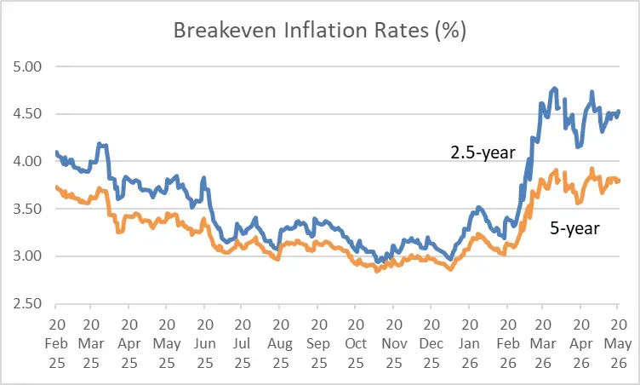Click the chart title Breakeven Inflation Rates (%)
pyautogui.click(x=320, y=31)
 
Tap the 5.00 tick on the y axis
pyautogui.click(x=27, y=66)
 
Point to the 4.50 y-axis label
pyautogui.click(x=27, y=113)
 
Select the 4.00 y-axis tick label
pyautogui.click(x=27, y=161)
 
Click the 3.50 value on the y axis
pyautogui.click(x=27, y=209)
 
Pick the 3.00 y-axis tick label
pyautogui.click(x=27, y=256)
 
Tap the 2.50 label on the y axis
pyautogui.click(x=27, y=304)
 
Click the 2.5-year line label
pyautogui.click(x=483, y=152)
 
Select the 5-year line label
pyautogui.click(x=574, y=228)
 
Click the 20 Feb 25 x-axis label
pyautogui.click(x=56, y=344)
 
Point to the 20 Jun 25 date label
pyautogui.click(x=205, y=344)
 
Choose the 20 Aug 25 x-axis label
pyautogui.click(x=280, y=344)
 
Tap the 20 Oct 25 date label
pyautogui.click(x=356, y=344)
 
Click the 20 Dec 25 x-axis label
pyautogui.click(x=431, y=344)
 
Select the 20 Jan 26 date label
pyautogui.click(x=469, y=344)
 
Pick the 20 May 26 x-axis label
pyautogui.click(x=618, y=344)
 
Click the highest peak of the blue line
pyautogui.click(x=554, y=88)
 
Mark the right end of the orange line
pyautogui.click(x=620, y=181)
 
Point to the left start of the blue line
pyautogui.click(x=56, y=152)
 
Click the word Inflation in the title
pyautogui.click(x=325, y=31)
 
